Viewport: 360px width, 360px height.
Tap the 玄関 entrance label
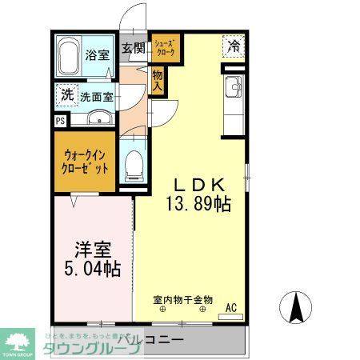[x=133, y=48]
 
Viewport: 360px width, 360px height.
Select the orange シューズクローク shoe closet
[x=166, y=49]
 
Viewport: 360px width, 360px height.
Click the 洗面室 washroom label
[x=97, y=96]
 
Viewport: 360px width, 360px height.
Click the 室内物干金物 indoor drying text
[x=184, y=301]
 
